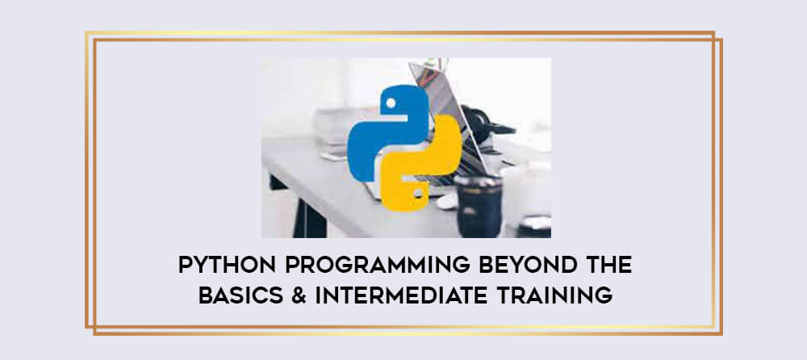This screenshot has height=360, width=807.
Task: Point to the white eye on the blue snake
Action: [x=391, y=103]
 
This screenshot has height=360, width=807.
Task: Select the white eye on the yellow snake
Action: [x=418, y=194]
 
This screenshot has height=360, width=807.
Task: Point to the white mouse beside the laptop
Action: [x=447, y=201]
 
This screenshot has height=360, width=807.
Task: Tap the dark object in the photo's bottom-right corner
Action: [x=533, y=227]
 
